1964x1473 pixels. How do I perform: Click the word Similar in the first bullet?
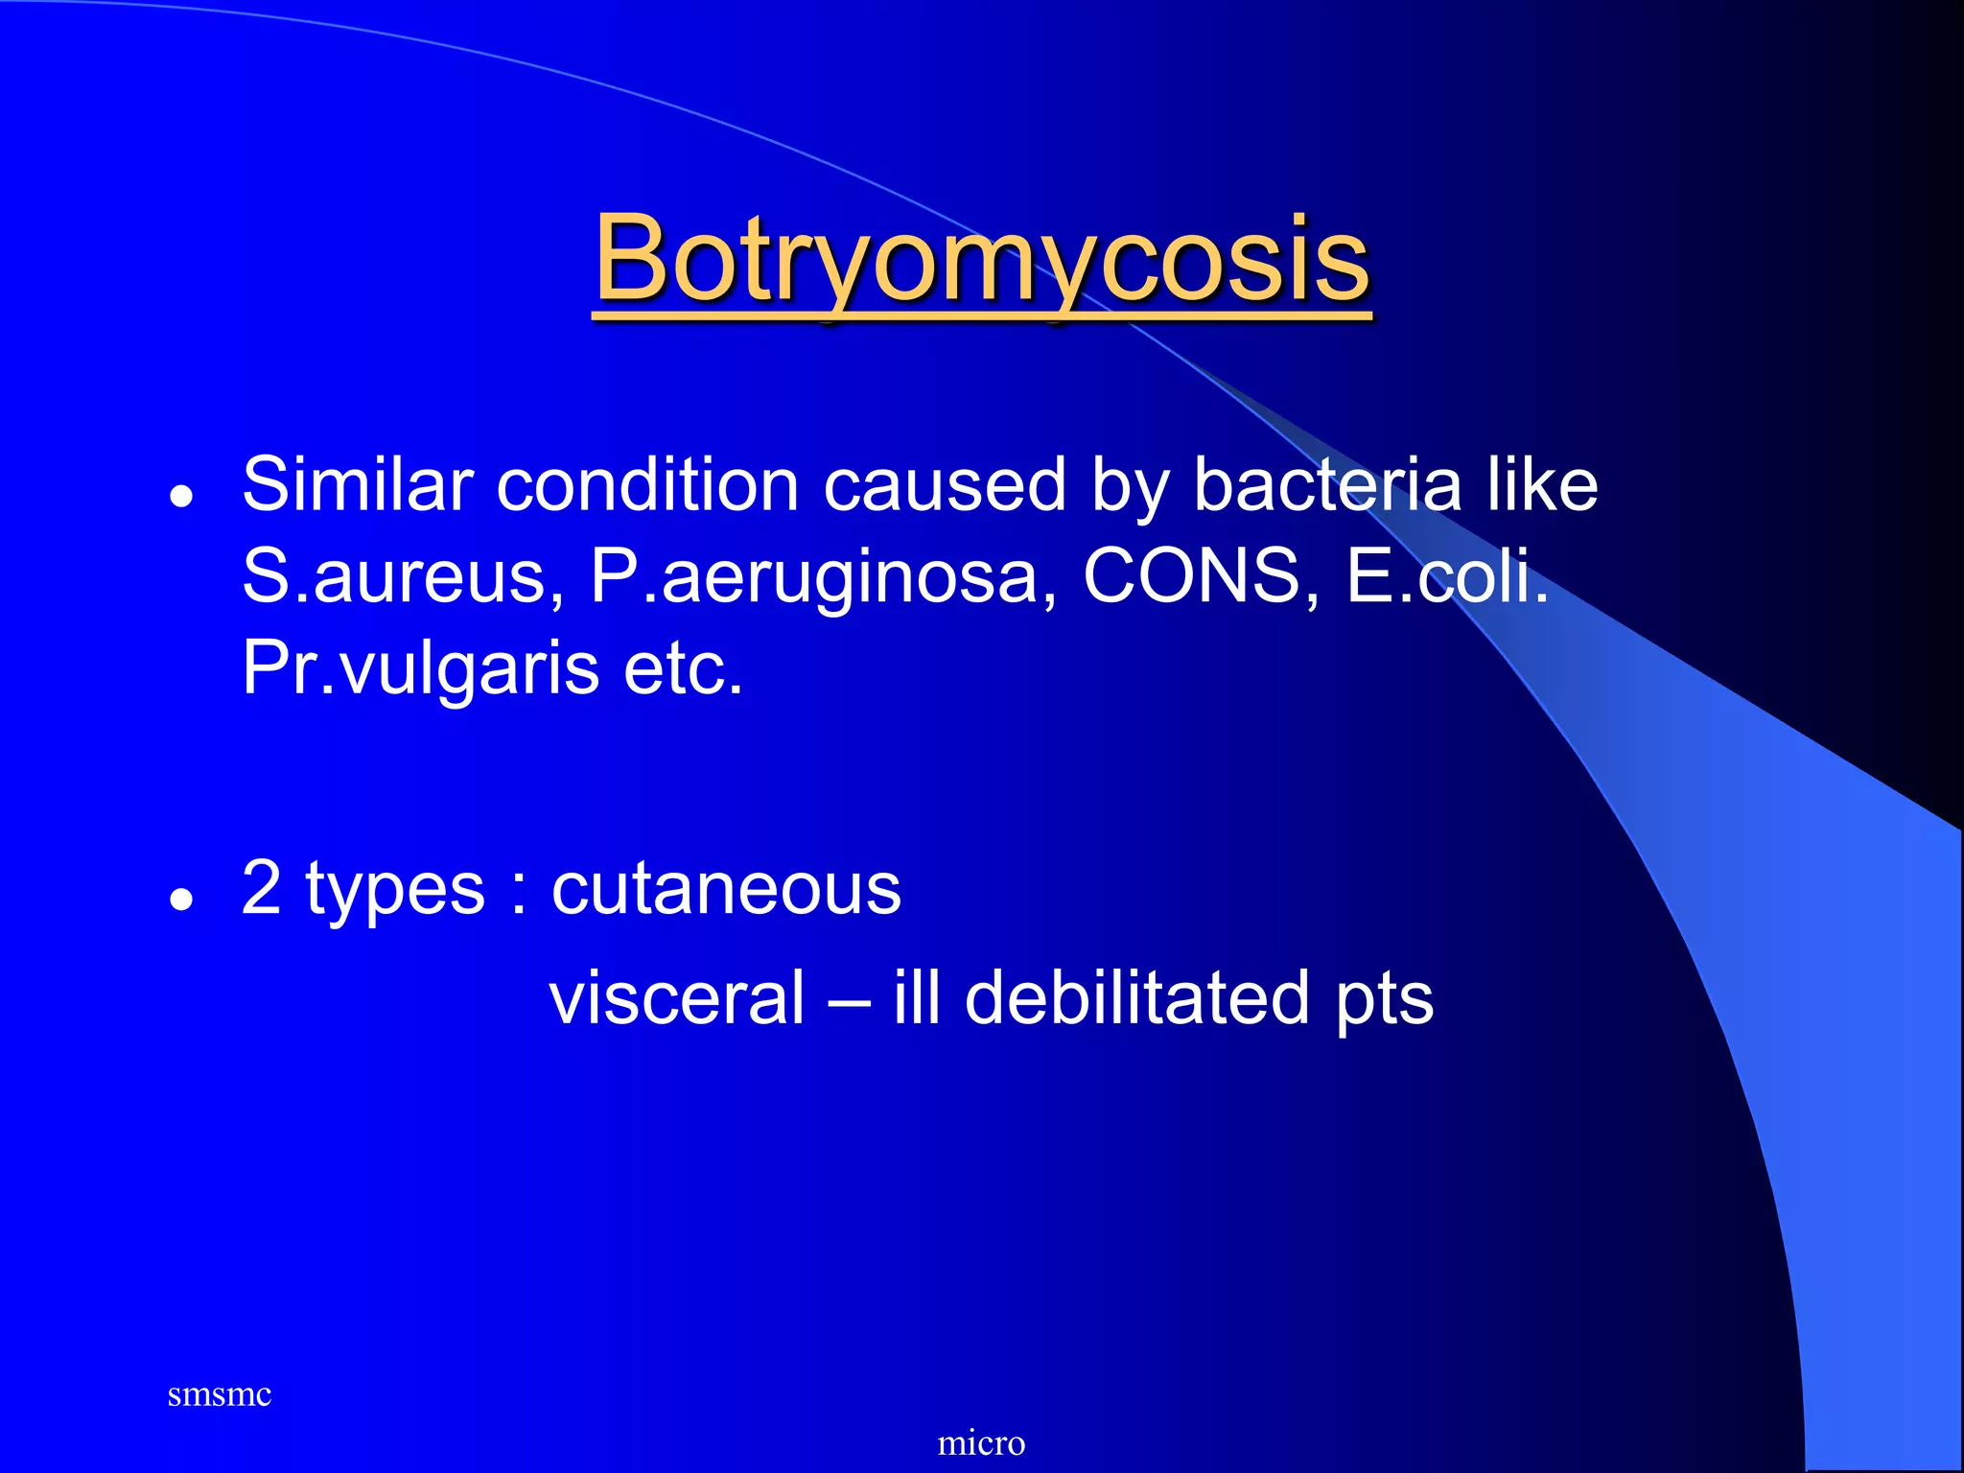point(358,484)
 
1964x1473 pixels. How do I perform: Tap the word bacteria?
point(1328,484)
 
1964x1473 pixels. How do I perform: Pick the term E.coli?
point(1447,576)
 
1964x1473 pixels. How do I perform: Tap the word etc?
point(683,669)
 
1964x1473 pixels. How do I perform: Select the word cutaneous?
point(726,889)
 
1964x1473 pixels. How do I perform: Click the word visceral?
point(677,998)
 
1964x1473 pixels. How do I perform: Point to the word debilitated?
point(1136,998)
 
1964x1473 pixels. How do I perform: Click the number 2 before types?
point(261,888)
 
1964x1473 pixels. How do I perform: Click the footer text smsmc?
point(219,1394)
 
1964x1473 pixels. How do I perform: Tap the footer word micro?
point(981,1442)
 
